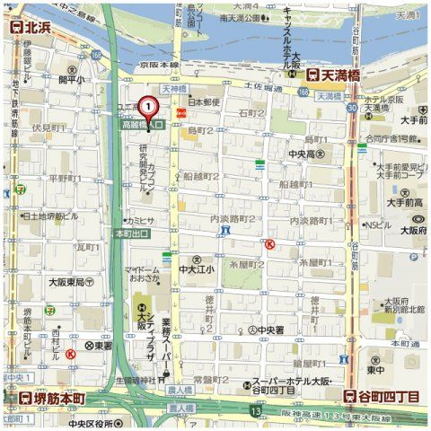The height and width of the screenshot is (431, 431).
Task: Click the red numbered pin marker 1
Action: point(150,106)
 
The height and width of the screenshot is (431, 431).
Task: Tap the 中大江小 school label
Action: point(196,268)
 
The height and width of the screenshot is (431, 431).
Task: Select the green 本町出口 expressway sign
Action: point(132,233)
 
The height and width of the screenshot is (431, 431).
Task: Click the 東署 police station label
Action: point(99,346)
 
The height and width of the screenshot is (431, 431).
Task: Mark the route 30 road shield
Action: point(353,107)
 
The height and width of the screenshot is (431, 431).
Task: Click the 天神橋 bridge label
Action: point(173,90)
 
